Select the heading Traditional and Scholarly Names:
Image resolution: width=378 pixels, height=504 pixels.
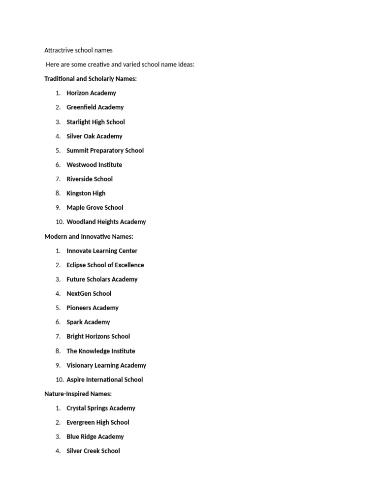click(x=91, y=79)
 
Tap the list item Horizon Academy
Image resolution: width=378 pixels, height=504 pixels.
click(x=91, y=93)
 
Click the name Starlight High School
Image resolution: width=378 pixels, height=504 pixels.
click(x=95, y=122)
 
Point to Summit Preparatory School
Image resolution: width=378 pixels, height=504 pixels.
click(x=105, y=151)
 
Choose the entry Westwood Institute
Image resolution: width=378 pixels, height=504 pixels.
click(x=94, y=165)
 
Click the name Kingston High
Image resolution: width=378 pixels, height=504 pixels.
click(x=86, y=193)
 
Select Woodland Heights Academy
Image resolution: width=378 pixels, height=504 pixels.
click(x=106, y=222)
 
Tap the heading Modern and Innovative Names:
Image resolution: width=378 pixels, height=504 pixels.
click(x=89, y=237)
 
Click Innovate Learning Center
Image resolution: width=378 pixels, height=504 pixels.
click(x=102, y=251)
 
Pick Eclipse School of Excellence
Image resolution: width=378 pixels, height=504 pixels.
click(x=105, y=265)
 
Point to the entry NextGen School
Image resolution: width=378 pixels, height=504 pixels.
click(x=89, y=294)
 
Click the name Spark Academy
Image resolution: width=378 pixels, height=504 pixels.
click(x=88, y=322)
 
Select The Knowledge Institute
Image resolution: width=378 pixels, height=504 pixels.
click(x=100, y=351)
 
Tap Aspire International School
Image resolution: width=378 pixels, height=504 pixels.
click(x=104, y=380)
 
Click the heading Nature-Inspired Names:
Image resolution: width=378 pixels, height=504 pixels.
click(x=78, y=394)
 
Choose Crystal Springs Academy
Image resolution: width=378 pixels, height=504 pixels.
click(x=100, y=409)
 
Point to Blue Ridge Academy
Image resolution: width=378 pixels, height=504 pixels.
click(x=95, y=437)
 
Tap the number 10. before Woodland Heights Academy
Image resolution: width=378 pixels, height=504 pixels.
click(x=60, y=222)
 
